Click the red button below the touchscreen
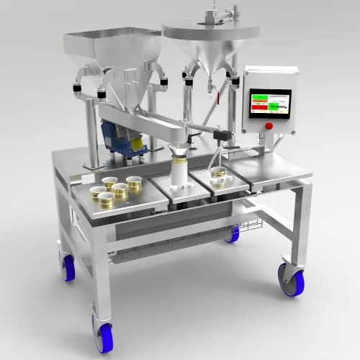(x=269, y=126)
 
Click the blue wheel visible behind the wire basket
(x=233, y=233)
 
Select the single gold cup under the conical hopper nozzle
(x=217, y=174)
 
